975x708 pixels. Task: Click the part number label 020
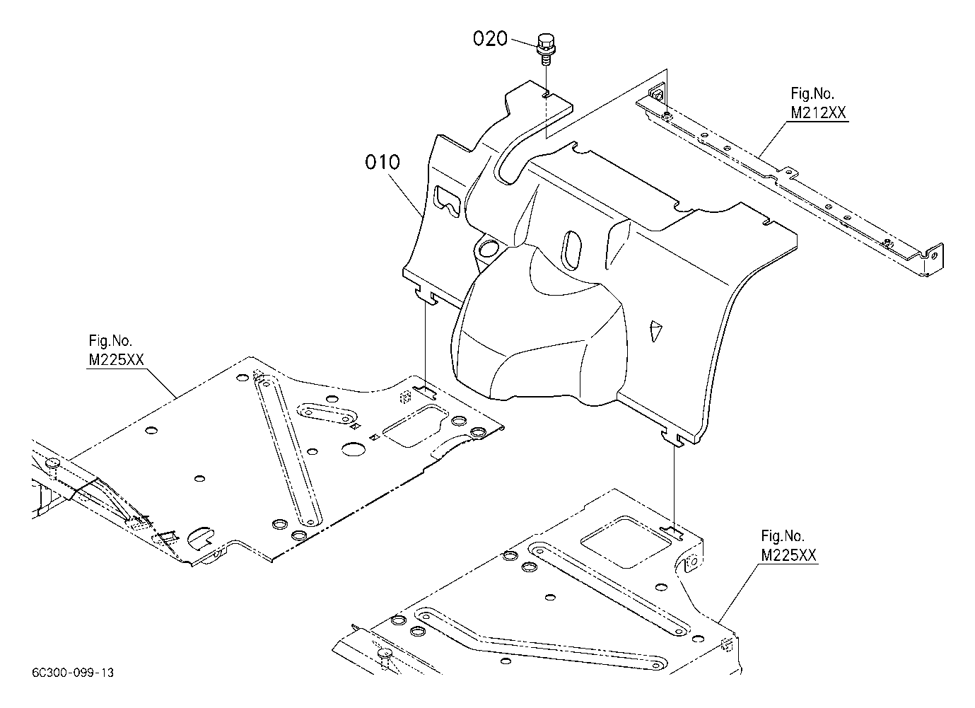490,39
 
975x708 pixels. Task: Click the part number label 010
383,162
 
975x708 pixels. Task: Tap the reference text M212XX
818,112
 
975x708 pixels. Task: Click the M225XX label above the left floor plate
116,360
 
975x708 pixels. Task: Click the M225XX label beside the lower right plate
788,555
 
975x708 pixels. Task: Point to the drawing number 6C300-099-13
73,673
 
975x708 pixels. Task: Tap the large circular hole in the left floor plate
353,449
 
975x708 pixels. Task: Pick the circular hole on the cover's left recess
489,248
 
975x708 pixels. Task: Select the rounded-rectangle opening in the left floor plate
416,426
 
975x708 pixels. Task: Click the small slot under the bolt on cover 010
547,95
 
